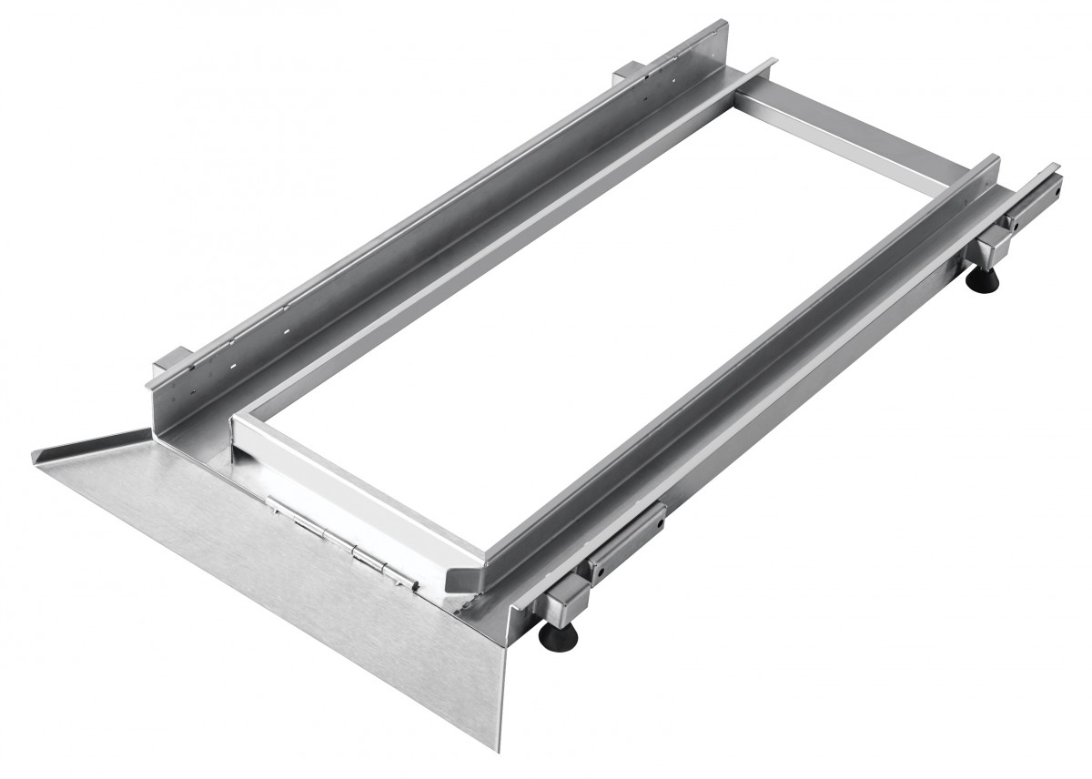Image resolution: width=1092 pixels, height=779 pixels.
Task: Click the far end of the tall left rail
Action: [x=715, y=27]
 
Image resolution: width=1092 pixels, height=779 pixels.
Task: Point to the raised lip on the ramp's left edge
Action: [x=91, y=443]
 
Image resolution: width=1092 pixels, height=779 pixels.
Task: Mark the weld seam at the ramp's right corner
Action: [x=478, y=601]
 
